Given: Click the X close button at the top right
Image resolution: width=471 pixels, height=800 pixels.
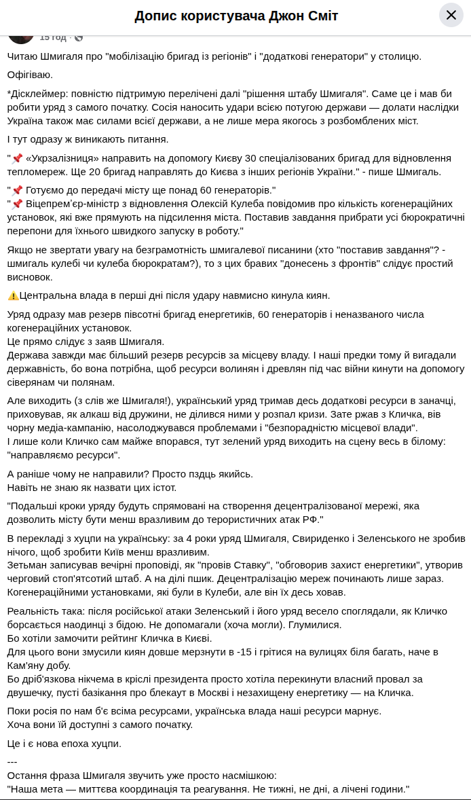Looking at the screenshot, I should [451, 15].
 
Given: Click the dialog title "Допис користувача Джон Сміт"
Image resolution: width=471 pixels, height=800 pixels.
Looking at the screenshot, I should [235, 16].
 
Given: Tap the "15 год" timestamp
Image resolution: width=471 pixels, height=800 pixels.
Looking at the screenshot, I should [54, 37].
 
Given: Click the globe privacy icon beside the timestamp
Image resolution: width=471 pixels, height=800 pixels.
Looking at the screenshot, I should [79, 37].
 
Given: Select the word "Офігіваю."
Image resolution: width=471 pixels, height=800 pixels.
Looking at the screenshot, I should [30, 75].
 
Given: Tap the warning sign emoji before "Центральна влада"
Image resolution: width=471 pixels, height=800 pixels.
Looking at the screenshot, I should [13, 295].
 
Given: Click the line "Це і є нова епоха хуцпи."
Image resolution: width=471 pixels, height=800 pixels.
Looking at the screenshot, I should [64, 743].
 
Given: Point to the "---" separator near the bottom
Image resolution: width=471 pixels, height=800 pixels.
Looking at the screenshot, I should [12, 761].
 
